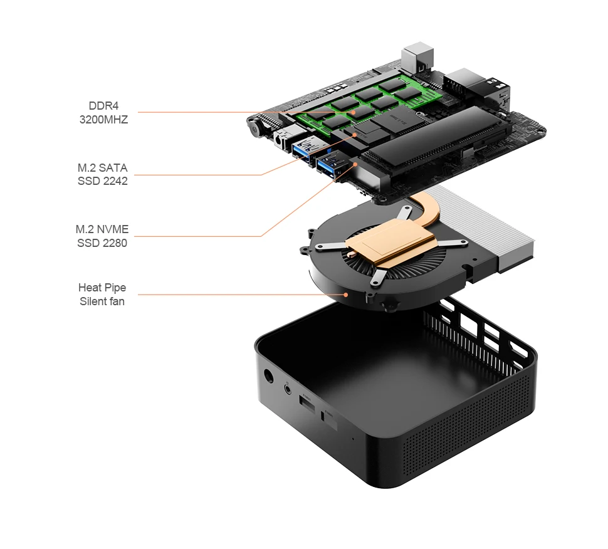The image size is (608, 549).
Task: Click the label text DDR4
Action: click(x=103, y=105)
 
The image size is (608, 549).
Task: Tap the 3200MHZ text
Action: click(x=103, y=119)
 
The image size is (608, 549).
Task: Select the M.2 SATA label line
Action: click(x=103, y=168)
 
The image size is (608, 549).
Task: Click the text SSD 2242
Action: click(x=103, y=182)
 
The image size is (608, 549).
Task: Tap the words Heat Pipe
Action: click(x=102, y=288)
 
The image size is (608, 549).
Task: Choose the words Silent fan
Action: click(x=102, y=301)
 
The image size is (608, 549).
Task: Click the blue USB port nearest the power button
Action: click(x=301, y=151)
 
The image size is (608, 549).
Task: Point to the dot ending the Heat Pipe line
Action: click(x=345, y=295)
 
